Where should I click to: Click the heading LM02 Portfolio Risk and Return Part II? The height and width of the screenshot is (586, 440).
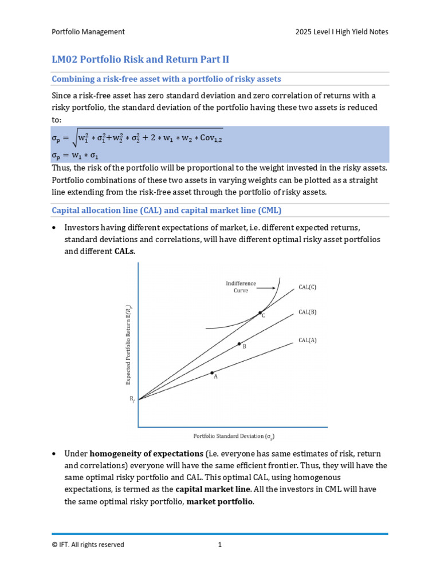pos(140,60)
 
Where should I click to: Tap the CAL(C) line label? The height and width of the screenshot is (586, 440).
pos(307,287)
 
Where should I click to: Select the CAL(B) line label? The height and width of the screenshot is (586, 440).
pos(307,312)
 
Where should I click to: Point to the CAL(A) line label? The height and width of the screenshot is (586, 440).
pos(307,340)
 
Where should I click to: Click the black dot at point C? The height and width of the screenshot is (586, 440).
pos(260,312)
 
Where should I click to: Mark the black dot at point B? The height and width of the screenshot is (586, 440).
pos(239,343)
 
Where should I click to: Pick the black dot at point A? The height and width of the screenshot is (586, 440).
pos(212,373)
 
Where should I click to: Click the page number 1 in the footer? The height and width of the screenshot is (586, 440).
pos(219,545)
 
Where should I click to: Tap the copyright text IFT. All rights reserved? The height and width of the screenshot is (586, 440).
pos(88,545)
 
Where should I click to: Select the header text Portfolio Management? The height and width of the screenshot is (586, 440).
pos(88,32)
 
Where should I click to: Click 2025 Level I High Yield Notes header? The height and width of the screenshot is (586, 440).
pos(338,32)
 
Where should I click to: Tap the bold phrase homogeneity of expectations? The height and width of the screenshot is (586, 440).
pos(151,453)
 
